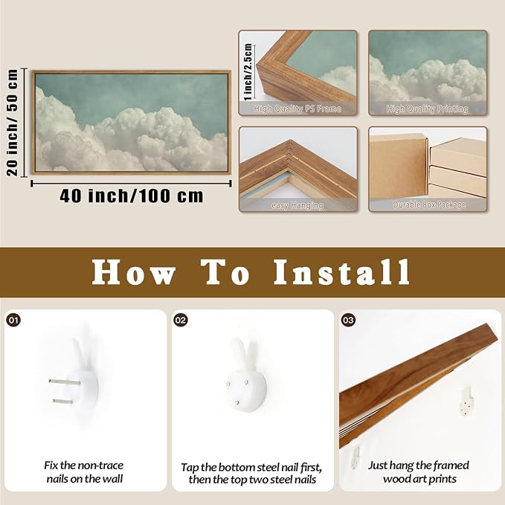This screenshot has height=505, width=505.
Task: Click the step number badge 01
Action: point(13,320)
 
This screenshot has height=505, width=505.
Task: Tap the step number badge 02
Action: point(180,320)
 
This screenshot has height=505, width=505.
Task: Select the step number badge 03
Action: point(348,320)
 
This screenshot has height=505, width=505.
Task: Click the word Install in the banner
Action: point(341,272)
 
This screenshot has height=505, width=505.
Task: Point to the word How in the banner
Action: point(133,272)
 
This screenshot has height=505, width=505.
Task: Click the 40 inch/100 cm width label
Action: point(132,196)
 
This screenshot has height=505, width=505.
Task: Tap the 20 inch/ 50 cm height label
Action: point(12,123)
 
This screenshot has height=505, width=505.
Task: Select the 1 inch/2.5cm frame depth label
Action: point(248,72)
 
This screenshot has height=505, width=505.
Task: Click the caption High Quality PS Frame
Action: point(297,109)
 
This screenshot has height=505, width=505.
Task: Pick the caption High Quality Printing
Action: point(427,109)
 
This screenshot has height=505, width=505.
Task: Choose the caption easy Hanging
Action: point(297,205)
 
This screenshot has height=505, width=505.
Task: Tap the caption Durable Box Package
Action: point(429,205)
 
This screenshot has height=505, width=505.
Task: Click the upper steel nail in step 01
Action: point(65,382)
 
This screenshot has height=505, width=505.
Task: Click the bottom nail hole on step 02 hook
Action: point(237,402)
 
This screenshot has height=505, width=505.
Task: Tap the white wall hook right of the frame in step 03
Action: point(467,401)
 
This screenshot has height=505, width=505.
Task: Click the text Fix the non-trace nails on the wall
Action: point(84,472)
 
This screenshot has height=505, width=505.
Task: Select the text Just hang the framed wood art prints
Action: point(419,472)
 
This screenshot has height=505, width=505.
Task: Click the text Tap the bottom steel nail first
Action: point(251,467)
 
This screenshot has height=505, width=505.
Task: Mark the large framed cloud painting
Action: point(131,123)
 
